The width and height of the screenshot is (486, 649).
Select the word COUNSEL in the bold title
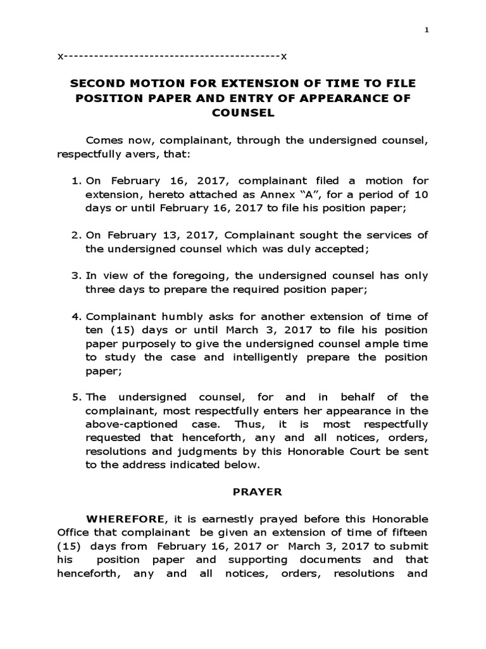[244, 113]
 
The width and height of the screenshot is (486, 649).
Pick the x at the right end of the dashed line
[284, 56]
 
